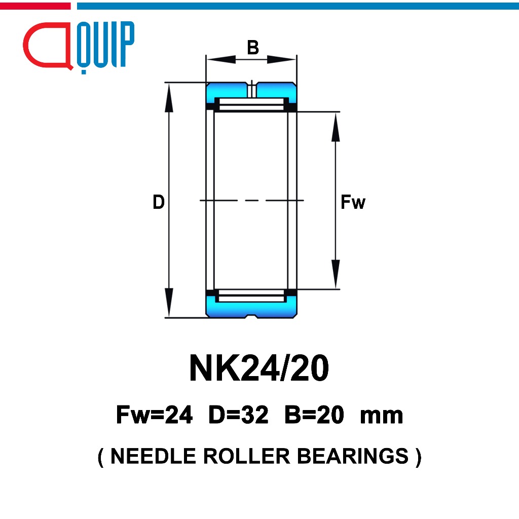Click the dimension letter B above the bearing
[253, 47]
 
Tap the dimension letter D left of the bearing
[159, 202]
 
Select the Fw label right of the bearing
[353, 202]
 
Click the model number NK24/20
[259, 368]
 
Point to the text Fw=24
[154, 415]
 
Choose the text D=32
[238, 415]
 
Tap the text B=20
[314, 415]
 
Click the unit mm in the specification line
[381, 417]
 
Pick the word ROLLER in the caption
[247, 456]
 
